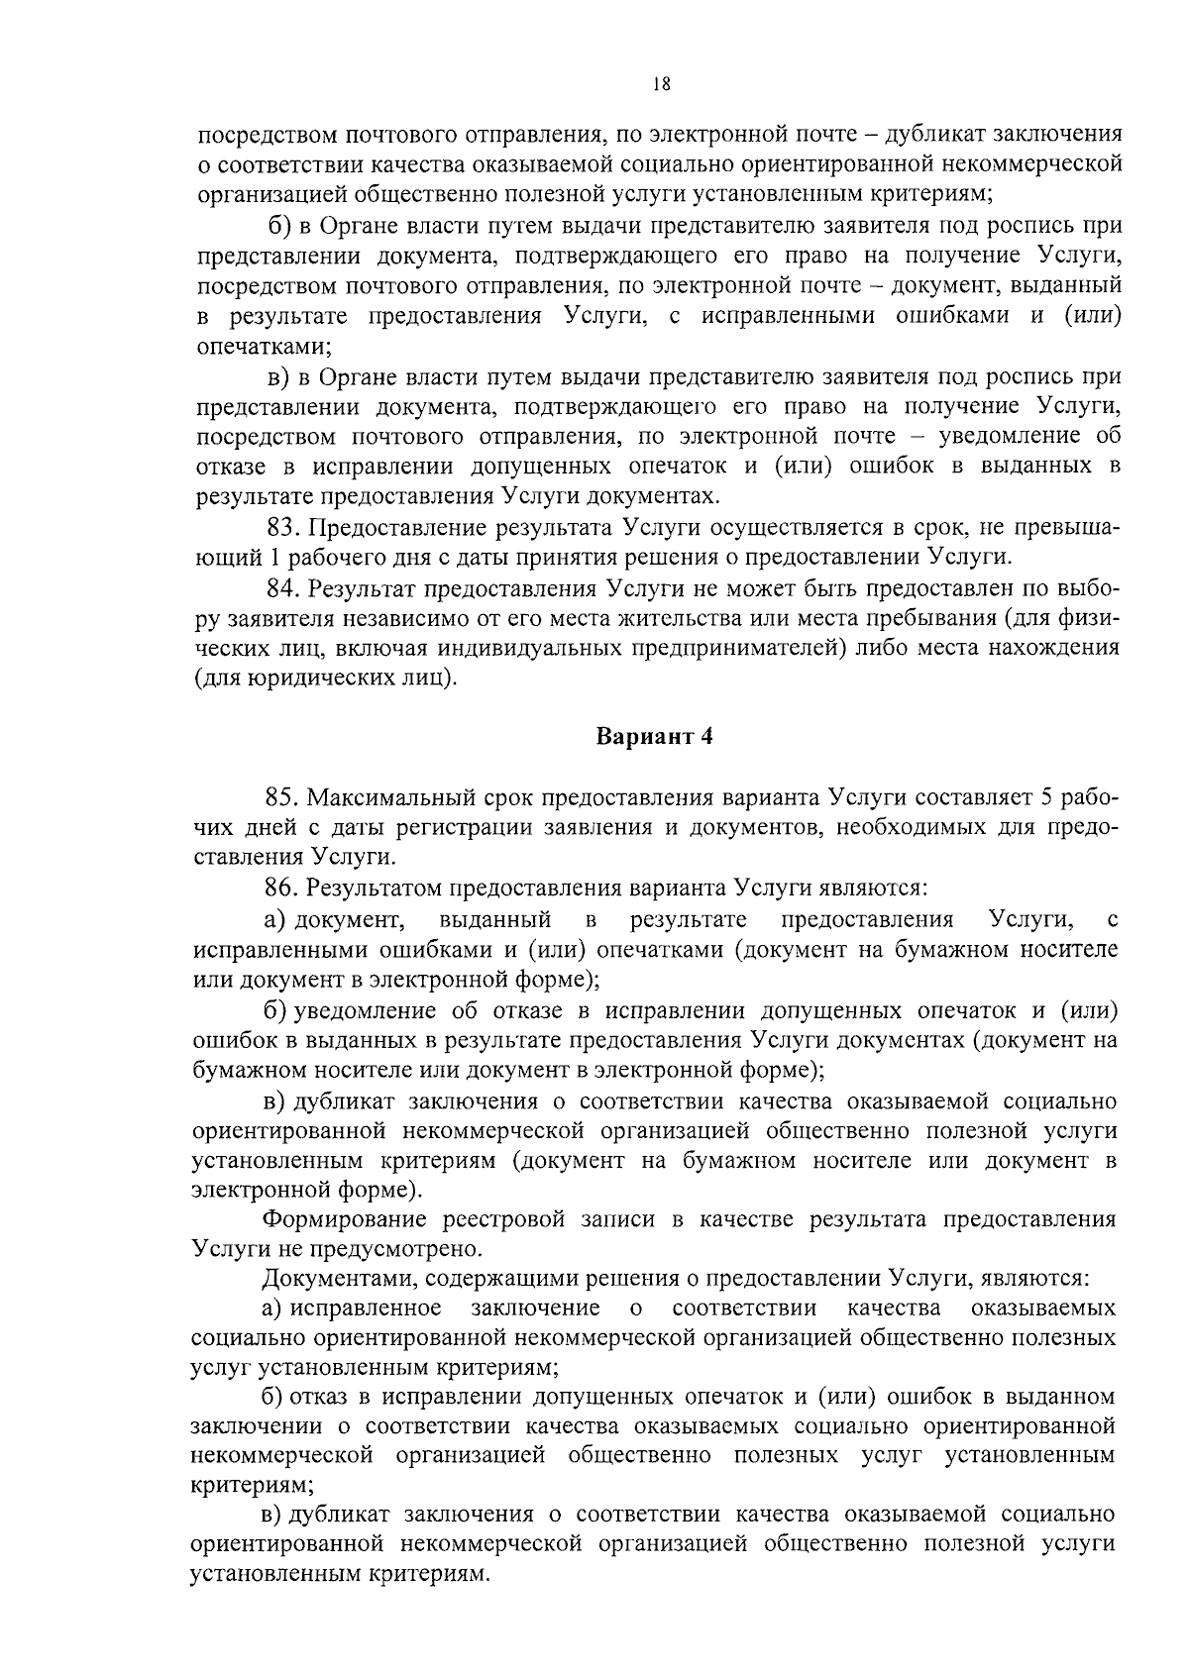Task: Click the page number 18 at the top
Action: click(663, 85)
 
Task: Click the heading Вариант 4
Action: click(654, 737)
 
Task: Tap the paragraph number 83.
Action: click(284, 526)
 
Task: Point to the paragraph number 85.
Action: click(284, 797)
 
